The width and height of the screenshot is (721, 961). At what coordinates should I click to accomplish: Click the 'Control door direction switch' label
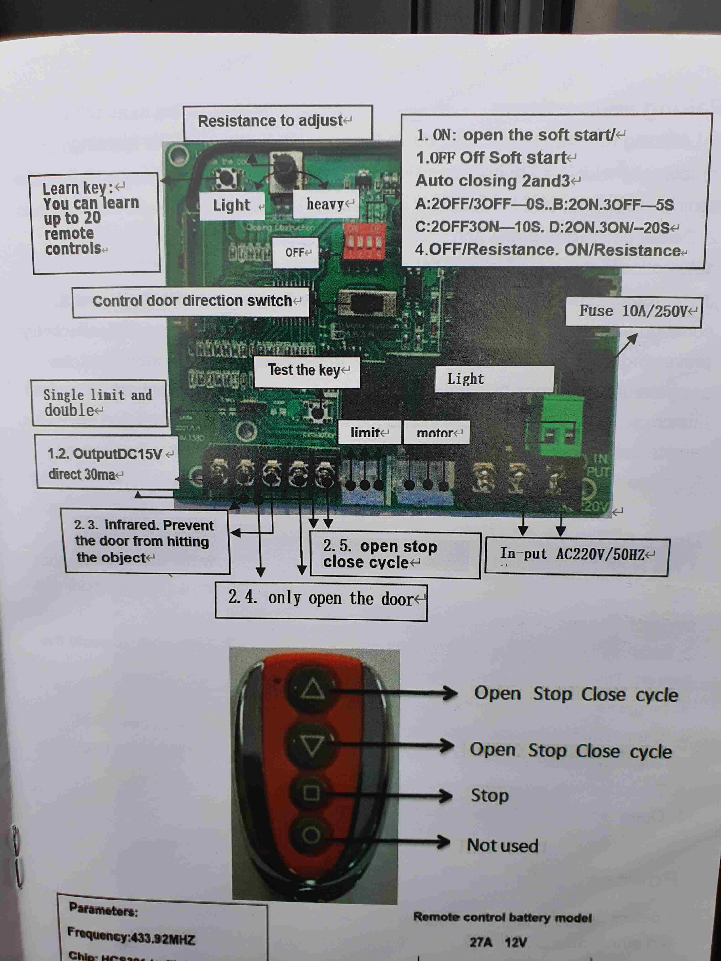pyautogui.click(x=191, y=302)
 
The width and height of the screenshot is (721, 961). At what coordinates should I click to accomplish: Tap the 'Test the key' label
pyautogui.click(x=307, y=371)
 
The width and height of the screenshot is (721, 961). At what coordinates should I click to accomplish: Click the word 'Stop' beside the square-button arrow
pyautogui.click(x=489, y=796)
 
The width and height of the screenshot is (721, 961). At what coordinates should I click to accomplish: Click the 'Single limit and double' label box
pyautogui.click(x=99, y=403)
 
